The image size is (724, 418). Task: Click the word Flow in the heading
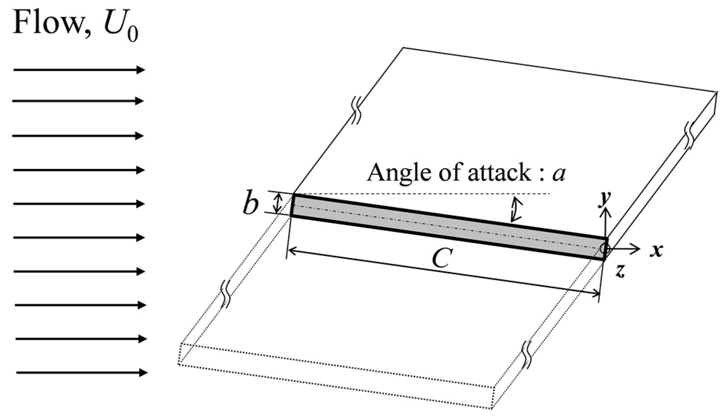[x=47, y=23]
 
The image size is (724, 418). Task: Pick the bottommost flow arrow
[x=82, y=373]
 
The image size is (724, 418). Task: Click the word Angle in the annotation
[x=396, y=172]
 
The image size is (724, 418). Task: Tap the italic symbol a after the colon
[x=558, y=174]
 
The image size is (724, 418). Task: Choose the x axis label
[x=657, y=250]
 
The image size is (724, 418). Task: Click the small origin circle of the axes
[x=604, y=249]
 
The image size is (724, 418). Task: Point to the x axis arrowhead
[x=637, y=249]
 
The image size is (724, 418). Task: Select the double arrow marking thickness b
[x=278, y=203]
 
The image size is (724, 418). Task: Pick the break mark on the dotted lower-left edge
[x=225, y=294]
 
